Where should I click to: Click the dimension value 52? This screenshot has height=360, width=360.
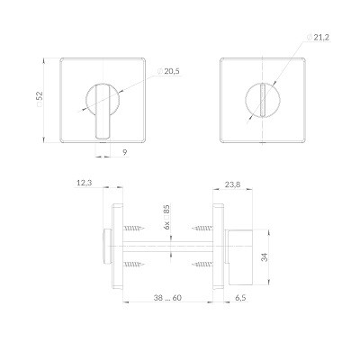(40, 96)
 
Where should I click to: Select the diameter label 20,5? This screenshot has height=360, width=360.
(172, 71)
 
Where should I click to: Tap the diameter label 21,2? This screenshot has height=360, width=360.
(321, 37)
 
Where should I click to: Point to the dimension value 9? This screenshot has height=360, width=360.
(125, 152)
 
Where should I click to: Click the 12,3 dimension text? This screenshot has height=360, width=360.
(84, 183)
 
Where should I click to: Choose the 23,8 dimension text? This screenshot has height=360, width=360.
(232, 184)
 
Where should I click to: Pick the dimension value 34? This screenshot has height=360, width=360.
(265, 257)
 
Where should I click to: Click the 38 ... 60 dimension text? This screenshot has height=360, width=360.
(167, 298)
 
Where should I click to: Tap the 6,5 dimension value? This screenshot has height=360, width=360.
(240, 298)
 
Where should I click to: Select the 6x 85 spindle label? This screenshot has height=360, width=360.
(166, 217)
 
